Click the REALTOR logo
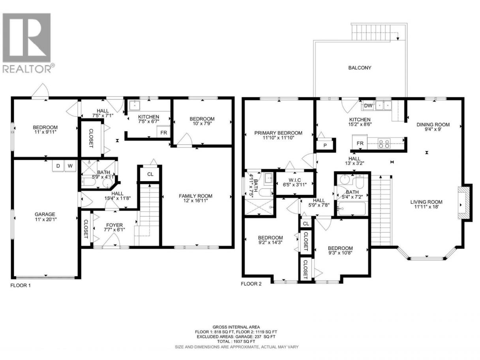[28, 43]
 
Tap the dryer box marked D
[58, 166]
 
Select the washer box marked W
[70, 166]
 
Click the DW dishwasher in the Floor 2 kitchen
[368, 105]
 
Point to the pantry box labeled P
[325, 145]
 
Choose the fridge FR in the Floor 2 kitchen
[360, 143]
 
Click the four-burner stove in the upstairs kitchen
[384, 143]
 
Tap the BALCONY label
[360, 68]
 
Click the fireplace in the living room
[463, 205]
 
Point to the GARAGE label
[45, 214]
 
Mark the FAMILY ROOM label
[195, 196]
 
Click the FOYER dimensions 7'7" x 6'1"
[114, 230]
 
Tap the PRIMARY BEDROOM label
[278, 133]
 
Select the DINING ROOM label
[433, 125]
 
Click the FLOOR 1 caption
[21, 285]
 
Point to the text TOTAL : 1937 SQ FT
[236, 341]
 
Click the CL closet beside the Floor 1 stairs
[150, 174]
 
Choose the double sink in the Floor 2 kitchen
[383, 106]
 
